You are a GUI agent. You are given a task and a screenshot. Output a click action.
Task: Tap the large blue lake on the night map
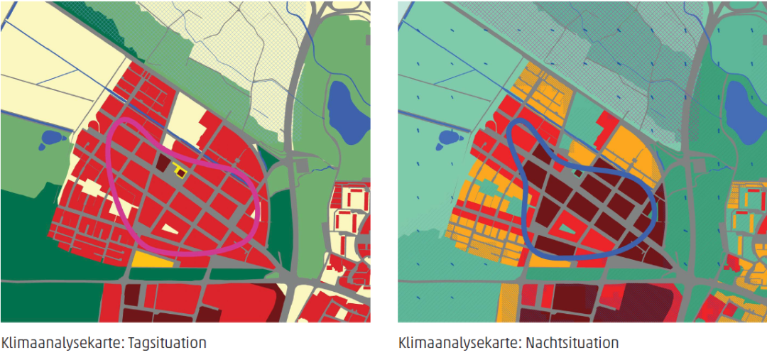coord(743,110)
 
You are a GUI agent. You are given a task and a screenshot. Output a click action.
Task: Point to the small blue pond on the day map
coord(51,138)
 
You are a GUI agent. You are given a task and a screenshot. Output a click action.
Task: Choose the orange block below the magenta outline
coord(152,259)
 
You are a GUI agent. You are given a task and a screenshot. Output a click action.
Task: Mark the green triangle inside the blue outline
coord(565,229)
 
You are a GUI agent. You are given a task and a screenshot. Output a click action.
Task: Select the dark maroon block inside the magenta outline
coord(163,164)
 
